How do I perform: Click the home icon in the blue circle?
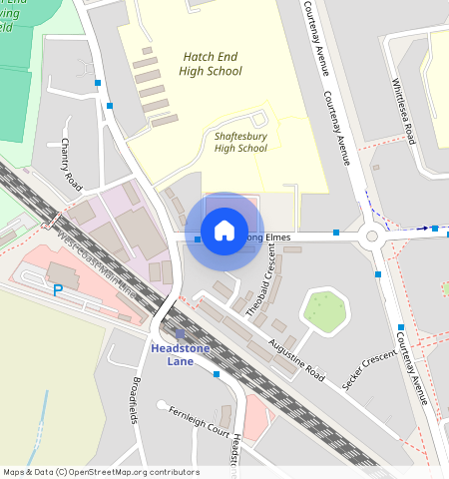click(x=224, y=232)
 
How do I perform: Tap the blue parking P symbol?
click(x=58, y=290)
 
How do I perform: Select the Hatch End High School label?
click(x=212, y=64)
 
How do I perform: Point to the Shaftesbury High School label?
click(x=240, y=142)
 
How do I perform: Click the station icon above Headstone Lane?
click(x=180, y=334)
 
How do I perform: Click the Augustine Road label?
click(x=297, y=359)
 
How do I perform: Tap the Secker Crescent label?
click(x=369, y=372)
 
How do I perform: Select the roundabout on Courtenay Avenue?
click(x=375, y=238)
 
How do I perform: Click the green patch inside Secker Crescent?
click(x=323, y=309)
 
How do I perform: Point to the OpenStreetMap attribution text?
click(x=101, y=472)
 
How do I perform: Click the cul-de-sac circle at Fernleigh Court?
click(x=162, y=404)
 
